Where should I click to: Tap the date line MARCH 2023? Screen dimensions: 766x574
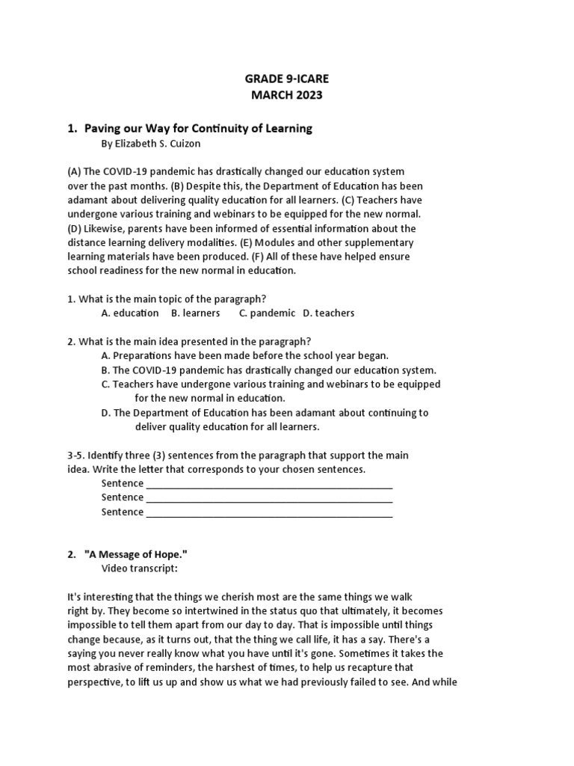288,96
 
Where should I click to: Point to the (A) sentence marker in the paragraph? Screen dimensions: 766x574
75,172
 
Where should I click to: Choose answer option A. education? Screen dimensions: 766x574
130,313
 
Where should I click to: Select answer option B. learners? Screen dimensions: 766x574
196,313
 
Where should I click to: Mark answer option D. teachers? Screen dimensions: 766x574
329,313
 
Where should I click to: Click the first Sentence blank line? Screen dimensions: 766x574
269,484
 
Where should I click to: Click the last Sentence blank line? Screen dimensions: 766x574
269,512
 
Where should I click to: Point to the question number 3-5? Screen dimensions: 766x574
77,455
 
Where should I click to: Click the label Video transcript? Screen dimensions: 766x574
140,569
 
